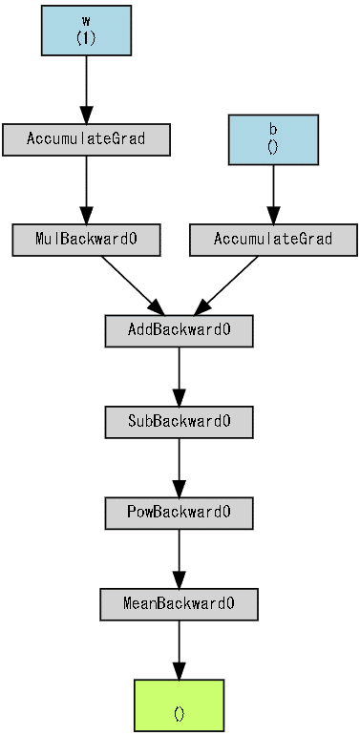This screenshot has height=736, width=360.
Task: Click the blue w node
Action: [x=86, y=30]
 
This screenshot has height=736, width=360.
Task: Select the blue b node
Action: [x=273, y=139]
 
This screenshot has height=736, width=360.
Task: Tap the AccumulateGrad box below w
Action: [x=86, y=139]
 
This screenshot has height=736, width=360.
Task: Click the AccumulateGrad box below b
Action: [x=273, y=240]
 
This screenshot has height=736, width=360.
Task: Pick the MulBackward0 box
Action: [x=86, y=240]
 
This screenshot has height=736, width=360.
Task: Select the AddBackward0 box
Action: [x=179, y=330]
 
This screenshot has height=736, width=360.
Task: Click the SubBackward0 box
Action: [x=179, y=421]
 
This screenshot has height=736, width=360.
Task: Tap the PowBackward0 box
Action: [x=179, y=513]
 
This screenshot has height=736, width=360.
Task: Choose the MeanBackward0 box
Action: [x=179, y=604]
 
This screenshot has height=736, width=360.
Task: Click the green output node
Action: [x=179, y=705]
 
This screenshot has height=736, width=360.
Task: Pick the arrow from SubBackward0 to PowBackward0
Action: [x=179, y=467]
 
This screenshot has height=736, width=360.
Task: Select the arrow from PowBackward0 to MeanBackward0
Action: [x=179, y=558]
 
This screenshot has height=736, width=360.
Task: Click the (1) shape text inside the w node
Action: [x=86, y=37]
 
